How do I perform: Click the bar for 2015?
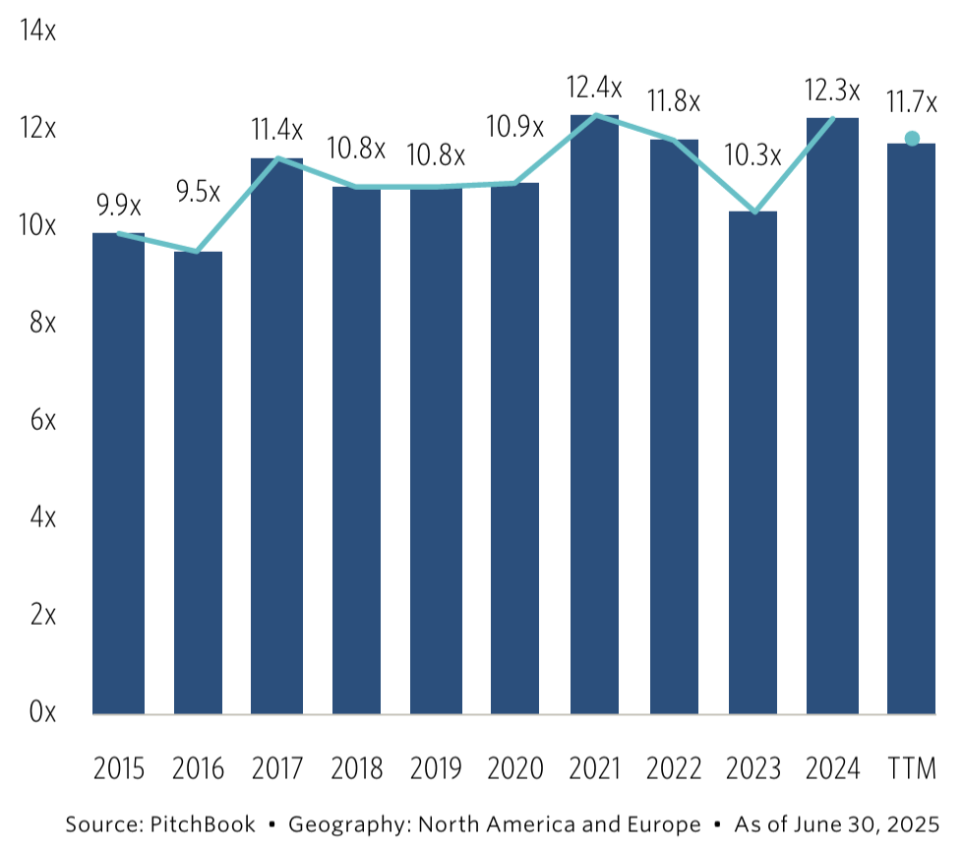(x=118, y=473)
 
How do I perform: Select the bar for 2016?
(x=198, y=482)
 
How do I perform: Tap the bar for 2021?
(x=594, y=414)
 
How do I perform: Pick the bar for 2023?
(x=752, y=462)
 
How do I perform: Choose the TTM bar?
(x=911, y=429)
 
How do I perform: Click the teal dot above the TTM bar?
(x=912, y=139)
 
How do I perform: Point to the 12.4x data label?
(x=594, y=88)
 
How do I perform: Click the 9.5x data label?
(x=198, y=191)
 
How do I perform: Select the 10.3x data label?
(x=753, y=154)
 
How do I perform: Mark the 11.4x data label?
(x=276, y=128)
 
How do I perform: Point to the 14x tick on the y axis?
(x=37, y=31)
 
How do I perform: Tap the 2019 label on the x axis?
(x=436, y=768)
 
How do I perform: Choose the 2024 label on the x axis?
(x=832, y=768)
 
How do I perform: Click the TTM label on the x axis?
(x=911, y=768)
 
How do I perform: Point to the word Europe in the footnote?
(x=666, y=823)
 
